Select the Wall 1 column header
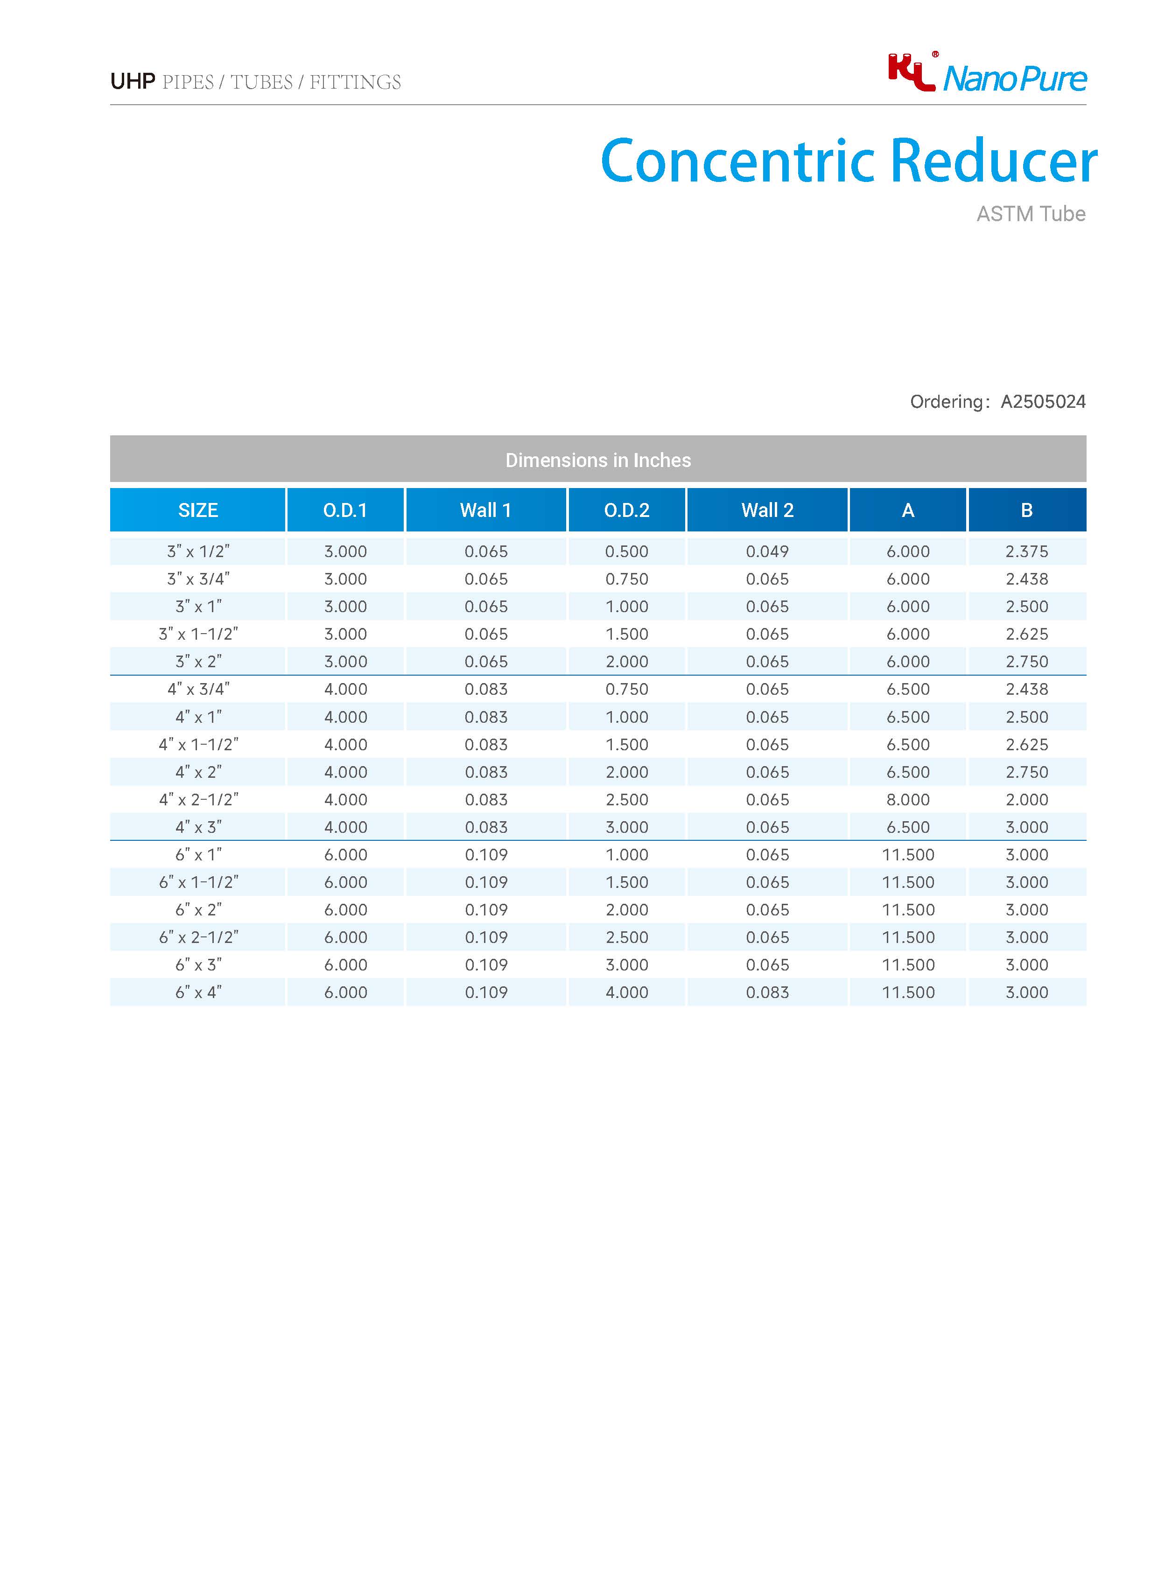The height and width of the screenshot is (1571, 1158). (x=486, y=510)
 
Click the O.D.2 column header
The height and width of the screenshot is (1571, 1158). (x=627, y=510)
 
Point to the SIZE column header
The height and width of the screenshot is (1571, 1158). (x=198, y=510)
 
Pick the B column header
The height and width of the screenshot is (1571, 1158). (x=1026, y=510)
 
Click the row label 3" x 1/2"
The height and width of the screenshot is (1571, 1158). (x=198, y=552)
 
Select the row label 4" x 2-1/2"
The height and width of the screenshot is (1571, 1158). (x=198, y=800)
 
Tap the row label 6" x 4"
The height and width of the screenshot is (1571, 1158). (x=198, y=992)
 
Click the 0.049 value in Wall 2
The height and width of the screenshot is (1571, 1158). (x=767, y=552)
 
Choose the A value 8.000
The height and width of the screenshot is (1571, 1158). (x=908, y=800)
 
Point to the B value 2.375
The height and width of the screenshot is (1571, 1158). (x=1026, y=552)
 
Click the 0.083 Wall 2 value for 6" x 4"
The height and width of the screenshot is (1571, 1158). (x=767, y=992)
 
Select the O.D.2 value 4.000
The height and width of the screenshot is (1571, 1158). (x=627, y=992)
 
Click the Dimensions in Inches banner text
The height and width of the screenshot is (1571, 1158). (x=598, y=461)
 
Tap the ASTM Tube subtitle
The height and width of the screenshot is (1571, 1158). (x=1031, y=214)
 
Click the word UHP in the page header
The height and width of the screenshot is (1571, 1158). (x=133, y=82)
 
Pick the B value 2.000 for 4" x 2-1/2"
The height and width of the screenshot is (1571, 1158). (x=1026, y=800)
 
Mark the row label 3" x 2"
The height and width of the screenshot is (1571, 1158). (x=198, y=662)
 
